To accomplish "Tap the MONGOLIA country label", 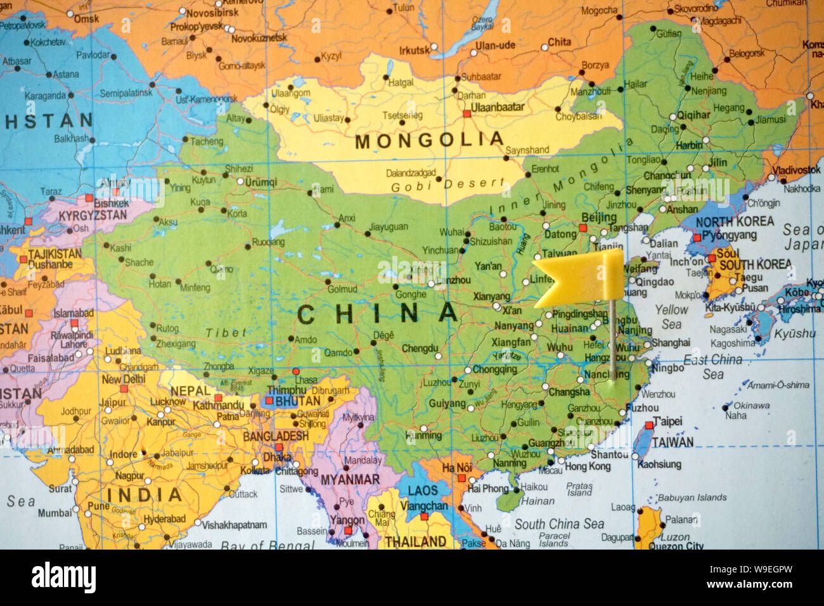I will click(429, 140).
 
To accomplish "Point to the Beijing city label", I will click(598, 217).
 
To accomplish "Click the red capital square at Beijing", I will click(583, 228).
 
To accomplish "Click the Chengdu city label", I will click(420, 348).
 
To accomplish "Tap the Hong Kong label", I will click(588, 467).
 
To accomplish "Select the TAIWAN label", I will click(673, 442).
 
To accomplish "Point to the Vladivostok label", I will click(796, 170).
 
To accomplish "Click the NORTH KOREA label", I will click(735, 222).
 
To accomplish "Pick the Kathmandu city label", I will click(219, 404).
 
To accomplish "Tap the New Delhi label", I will click(124, 379).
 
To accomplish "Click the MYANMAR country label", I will click(350, 480).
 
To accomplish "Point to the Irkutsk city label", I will click(414, 50).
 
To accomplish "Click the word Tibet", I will click(225, 332).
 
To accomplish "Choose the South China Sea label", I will click(559, 524).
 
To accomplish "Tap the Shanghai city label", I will click(671, 342).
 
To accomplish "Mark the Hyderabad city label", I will click(164, 519).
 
